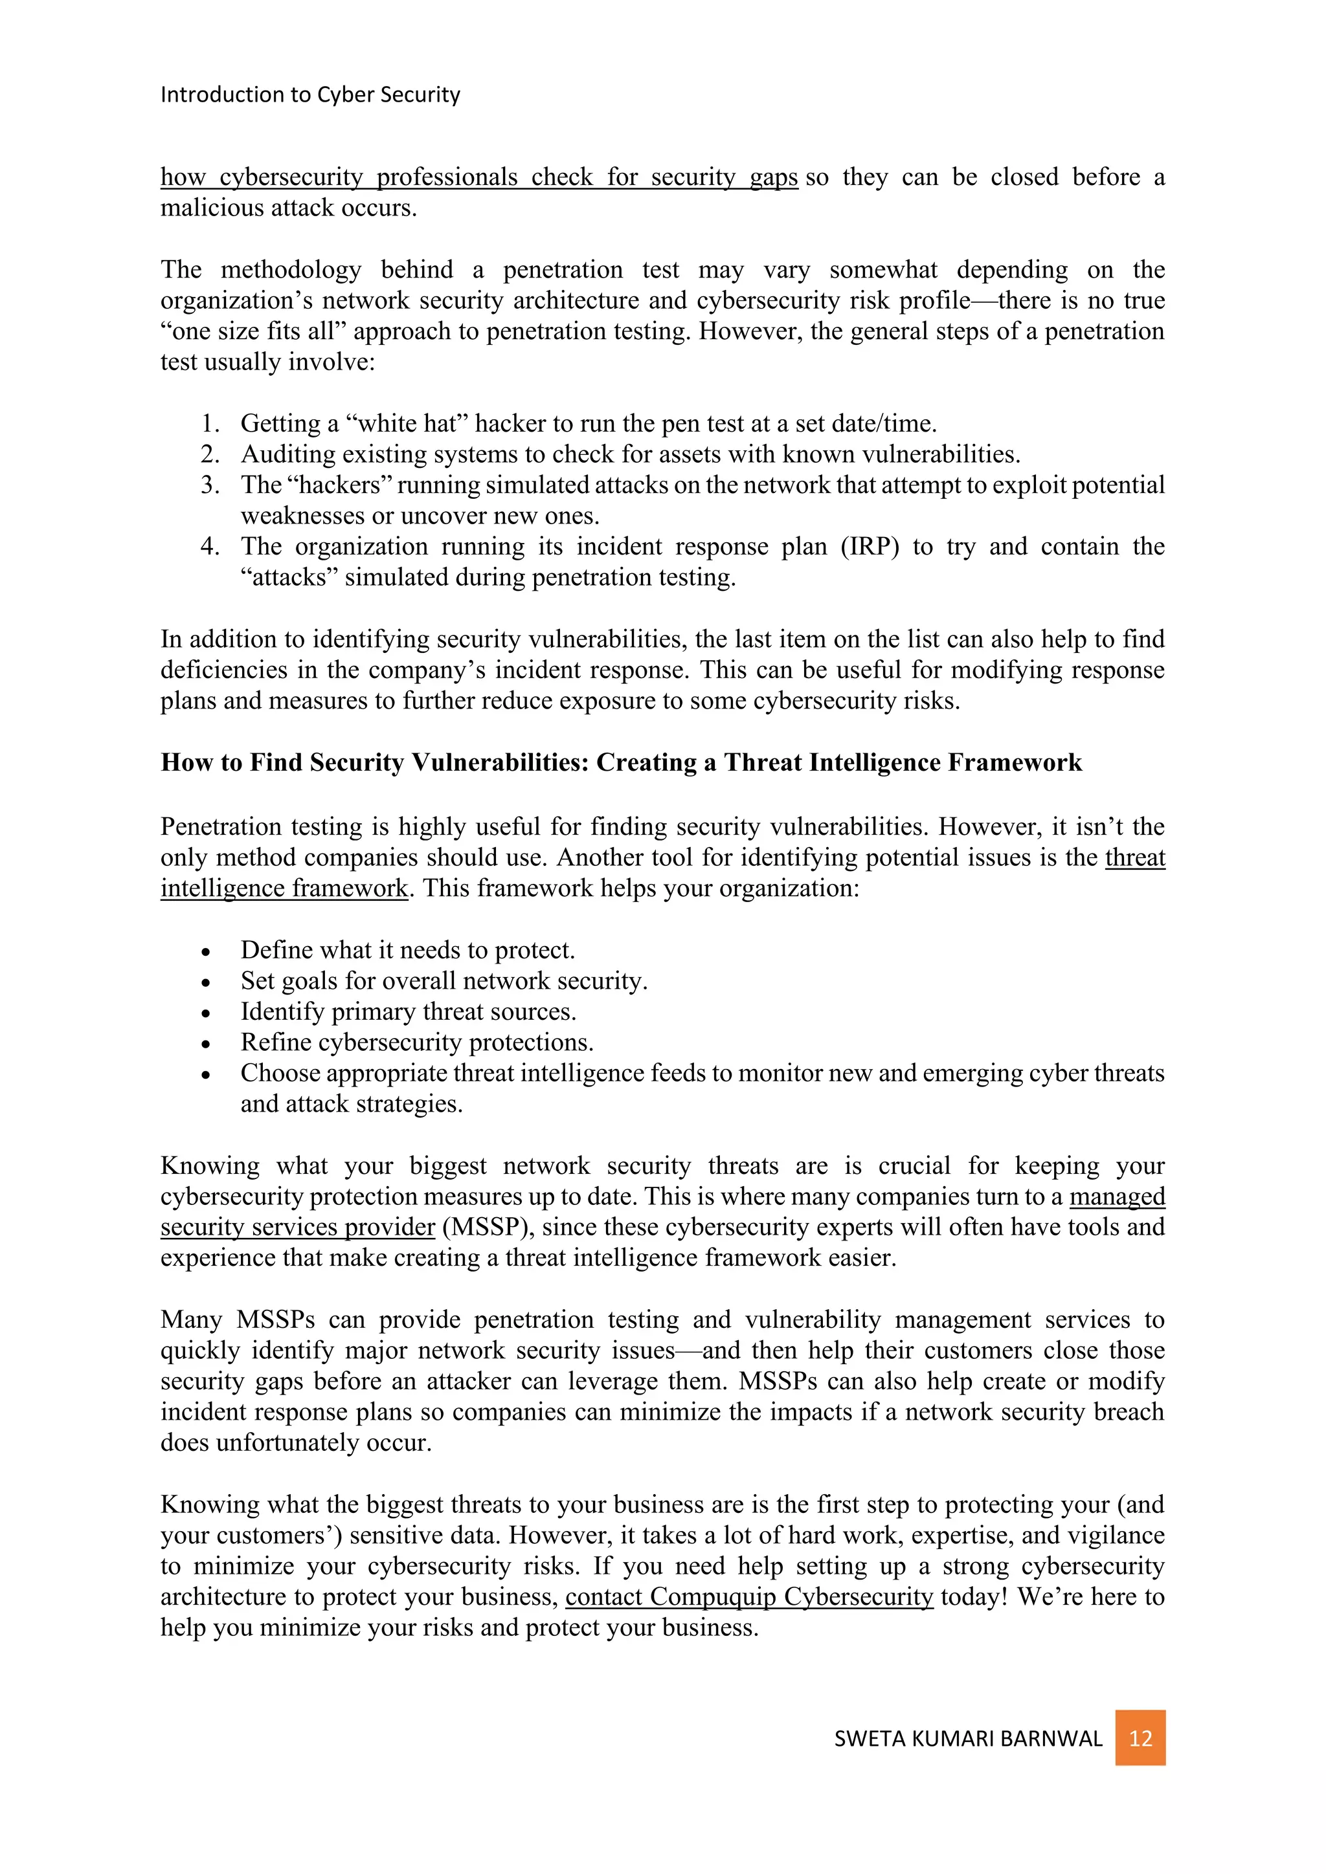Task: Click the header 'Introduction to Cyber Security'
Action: click(310, 94)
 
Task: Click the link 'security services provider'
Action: click(297, 1227)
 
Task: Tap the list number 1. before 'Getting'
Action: click(210, 424)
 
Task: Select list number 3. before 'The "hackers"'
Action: click(210, 485)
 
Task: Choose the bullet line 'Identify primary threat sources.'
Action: click(409, 1011)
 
